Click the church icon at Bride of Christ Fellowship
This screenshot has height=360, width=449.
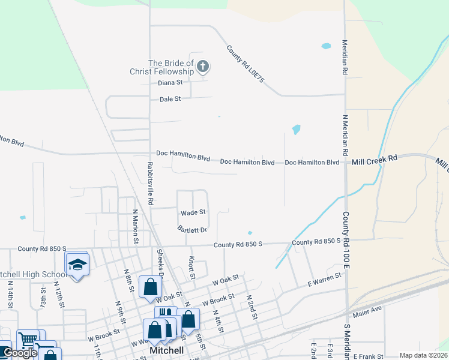pos(203,67)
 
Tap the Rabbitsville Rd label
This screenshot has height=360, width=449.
pos(151,183)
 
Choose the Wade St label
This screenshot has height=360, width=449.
pos(193,212)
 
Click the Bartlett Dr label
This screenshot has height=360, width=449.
pos(192,229)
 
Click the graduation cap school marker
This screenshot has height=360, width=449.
pos(77,265)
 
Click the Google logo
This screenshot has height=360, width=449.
pos(20,353)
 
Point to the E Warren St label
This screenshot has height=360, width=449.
pos(324,279)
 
